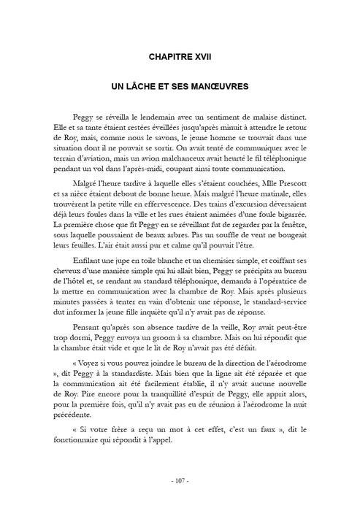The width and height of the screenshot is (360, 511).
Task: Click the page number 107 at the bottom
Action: (180, 480)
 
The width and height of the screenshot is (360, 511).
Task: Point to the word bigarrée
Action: (300, 210)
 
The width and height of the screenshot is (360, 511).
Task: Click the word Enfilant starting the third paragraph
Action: (89, 260)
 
